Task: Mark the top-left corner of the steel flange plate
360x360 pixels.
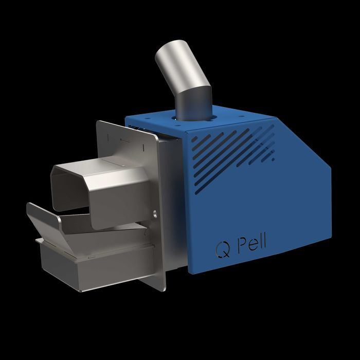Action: click(x=99, y=122)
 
